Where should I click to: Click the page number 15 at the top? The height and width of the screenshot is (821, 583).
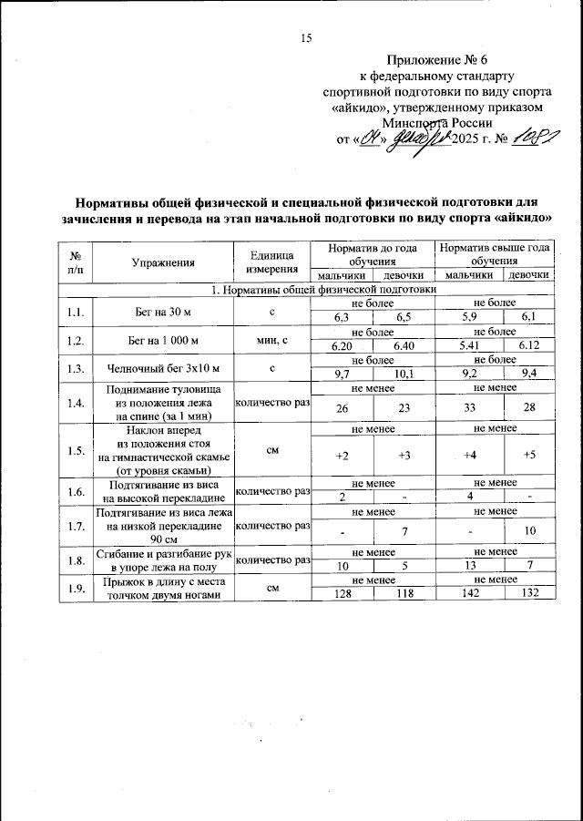tap(305, 38)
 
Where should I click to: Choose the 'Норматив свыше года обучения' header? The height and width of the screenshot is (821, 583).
tap(493, 254)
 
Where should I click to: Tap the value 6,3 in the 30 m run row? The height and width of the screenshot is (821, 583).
tap(342, 316)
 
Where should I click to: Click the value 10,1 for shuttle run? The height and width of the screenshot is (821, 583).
tap(404, 374)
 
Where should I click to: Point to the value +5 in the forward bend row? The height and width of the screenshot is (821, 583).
tap(529, 455)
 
